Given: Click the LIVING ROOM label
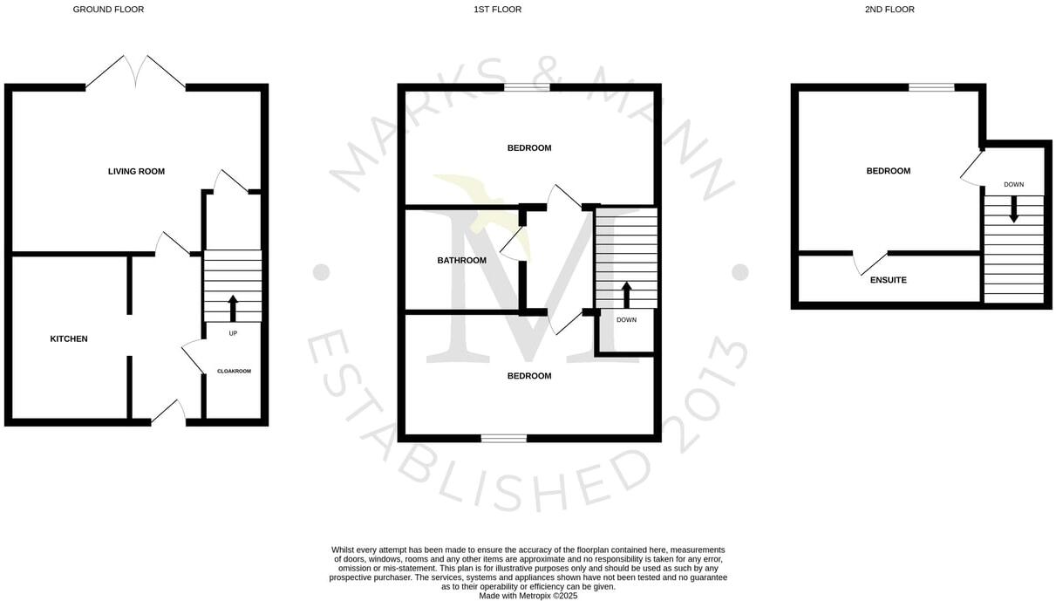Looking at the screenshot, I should (136, 171).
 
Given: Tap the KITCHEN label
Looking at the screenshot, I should (69, 338).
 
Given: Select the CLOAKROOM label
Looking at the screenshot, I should (234, 372).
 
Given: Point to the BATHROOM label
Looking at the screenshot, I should (461, 260).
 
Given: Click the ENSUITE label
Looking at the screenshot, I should (888, 280).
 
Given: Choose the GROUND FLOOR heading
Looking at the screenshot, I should (108, 10).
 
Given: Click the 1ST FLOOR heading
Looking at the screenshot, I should (497, 10).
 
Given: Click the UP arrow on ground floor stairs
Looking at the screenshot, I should (233, 309).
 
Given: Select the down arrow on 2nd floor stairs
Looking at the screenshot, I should (1013, 208).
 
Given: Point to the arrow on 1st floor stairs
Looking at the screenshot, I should (626, 295).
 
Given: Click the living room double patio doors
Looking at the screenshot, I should (135, 72).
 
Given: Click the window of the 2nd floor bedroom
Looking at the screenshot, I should (931, 87).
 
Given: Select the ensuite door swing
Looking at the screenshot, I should (869, 262).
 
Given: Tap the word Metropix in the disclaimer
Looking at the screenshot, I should (531, 596).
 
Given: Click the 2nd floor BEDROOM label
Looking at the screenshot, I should (888, 171).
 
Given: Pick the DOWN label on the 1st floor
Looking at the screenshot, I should (626, 320).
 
